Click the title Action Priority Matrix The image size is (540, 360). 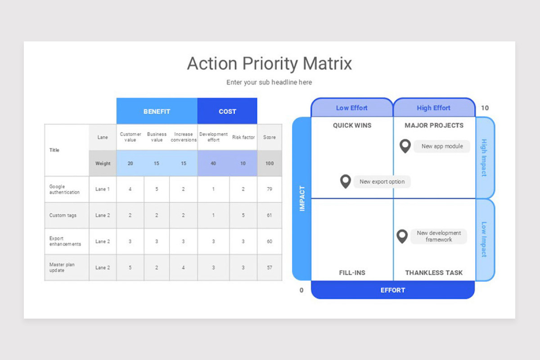(269, 63)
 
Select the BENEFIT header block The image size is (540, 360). (157, 111)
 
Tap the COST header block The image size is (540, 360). (227, 111)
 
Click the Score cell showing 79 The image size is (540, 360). (270, 189)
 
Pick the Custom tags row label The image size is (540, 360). (63, 215)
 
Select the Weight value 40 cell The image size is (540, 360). (213, 163)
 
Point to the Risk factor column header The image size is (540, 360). (243, 137)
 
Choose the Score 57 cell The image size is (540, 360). (270, 267)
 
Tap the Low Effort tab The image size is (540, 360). (351, 108)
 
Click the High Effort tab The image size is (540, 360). (433, 108)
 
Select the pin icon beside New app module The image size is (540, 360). (405, 146)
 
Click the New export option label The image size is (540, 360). (382, 182)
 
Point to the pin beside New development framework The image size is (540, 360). (402, 236)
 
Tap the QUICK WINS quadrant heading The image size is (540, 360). (352, 126)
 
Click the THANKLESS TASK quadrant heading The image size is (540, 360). (434, 273)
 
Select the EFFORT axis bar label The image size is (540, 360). (393, 290)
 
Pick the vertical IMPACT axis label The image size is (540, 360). (302, 198)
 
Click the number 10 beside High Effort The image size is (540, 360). (485, 108)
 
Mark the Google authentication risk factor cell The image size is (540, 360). (243, 189)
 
